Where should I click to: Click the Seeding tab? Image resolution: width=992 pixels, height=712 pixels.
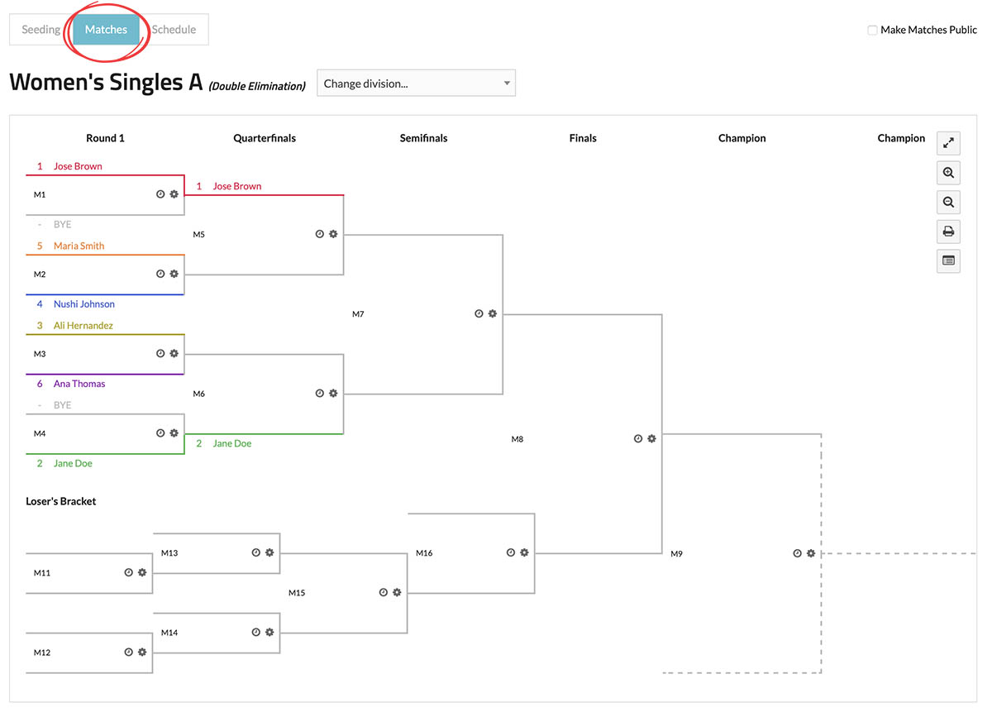pos(41,30)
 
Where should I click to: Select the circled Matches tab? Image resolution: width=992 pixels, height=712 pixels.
pos(106,30)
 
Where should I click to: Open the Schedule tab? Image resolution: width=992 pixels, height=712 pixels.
pos(174,30)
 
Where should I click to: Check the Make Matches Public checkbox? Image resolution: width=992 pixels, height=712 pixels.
pos(872,31)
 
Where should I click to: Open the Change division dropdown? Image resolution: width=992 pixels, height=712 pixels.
pos(416,84)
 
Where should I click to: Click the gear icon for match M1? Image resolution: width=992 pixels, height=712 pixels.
pos(174,194)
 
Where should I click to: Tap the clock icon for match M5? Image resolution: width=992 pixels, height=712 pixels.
pos(319,234)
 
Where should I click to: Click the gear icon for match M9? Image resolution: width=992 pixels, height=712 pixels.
pos(811,553)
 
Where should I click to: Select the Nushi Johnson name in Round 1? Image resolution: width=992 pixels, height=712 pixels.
pos(83,304)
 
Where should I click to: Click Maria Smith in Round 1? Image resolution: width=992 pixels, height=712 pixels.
pos(79,246)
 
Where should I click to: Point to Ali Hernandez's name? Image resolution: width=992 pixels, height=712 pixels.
pos(83,326)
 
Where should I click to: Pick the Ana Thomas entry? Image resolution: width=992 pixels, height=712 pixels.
pos(79,384)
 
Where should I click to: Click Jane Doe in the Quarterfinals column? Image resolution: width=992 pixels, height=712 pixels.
pos(231,444)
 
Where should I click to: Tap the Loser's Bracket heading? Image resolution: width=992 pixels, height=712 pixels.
pos(61,501)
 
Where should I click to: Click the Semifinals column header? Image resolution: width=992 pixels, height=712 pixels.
pos(423,138)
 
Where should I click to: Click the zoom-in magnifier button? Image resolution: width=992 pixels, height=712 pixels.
pos(948,173)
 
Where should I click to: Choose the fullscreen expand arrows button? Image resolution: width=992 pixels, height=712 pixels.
pos(948,143)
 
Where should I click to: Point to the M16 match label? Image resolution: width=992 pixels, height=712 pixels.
pos(424,553)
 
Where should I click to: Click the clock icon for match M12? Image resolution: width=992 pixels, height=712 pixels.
pos(129,652)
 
